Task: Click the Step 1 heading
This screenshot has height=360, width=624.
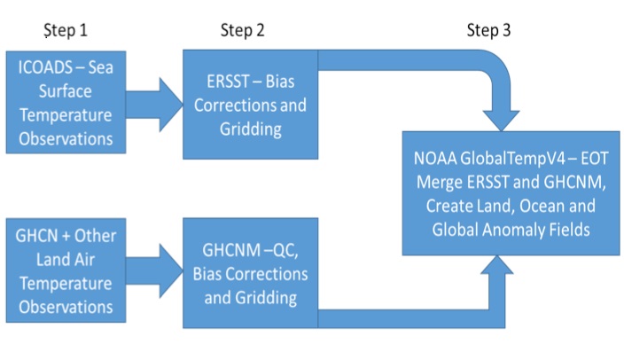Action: pos(66,31)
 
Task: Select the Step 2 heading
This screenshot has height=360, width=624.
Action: pos(242,31)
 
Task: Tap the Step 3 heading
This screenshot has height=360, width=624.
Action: pos(488,31)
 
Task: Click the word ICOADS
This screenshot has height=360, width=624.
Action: pos(45,67)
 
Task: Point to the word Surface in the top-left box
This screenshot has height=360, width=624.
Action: pos(66,91)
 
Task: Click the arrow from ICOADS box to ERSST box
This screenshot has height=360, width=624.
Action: pos(154,105)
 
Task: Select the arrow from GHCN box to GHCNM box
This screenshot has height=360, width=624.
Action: pos(154,271)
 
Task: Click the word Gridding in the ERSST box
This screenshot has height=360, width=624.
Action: pos(251,129)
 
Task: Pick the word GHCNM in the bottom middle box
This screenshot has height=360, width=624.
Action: pos(226,250)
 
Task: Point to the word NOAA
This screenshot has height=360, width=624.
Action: pos(435,159)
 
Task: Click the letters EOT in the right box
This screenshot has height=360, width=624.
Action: pos(595,159)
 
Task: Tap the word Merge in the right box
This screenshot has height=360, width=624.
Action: pos(440,183)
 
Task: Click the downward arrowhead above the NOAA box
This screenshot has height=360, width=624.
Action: pos(502,121)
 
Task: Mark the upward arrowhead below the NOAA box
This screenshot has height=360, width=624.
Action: pos(497,265)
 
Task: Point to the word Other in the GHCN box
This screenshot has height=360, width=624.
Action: pos(96,236)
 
